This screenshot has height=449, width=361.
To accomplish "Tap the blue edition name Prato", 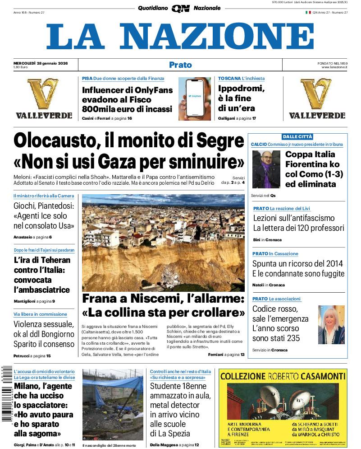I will (180, 65).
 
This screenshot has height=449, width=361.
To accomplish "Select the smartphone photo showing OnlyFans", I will (194, 99).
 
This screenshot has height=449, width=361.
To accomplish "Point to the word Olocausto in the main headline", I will (52, 140).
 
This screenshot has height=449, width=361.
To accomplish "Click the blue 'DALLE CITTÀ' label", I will (297, 136).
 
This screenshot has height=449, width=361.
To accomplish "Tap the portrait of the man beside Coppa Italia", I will (266, 169).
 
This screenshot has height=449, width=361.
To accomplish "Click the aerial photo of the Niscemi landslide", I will (163, 243).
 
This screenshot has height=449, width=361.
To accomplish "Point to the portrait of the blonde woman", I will (331, 325).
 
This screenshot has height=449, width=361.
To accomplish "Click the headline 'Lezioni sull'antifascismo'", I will (293, 218).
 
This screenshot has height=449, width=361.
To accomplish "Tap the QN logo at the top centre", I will (180, 8).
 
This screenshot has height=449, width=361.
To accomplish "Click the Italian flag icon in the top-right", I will (308, 12).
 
